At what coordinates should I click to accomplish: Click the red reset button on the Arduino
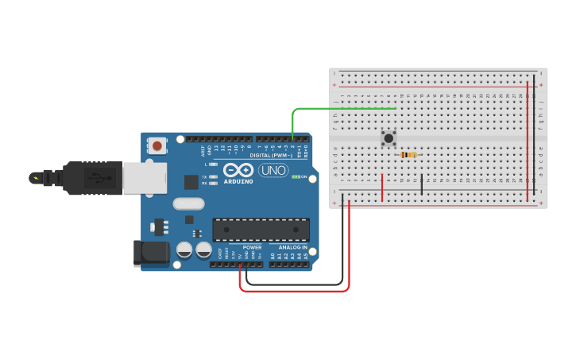point(157,145)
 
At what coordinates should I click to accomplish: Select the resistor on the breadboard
point(408,154)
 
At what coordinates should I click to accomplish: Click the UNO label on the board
point(273,170)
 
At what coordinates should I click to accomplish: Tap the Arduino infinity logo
point(238,170)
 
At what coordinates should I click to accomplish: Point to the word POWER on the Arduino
point(252,247)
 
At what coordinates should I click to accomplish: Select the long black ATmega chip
point(261,230)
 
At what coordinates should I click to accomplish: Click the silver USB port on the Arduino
point(144,178)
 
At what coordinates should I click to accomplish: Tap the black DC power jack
point(153,254)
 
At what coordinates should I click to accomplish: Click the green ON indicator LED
point(296,176)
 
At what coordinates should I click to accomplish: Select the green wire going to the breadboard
point(342,108)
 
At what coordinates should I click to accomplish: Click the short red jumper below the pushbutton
point(382,187)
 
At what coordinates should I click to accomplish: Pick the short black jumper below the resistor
point(421,184)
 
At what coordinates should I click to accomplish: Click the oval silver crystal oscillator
point(188,203)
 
